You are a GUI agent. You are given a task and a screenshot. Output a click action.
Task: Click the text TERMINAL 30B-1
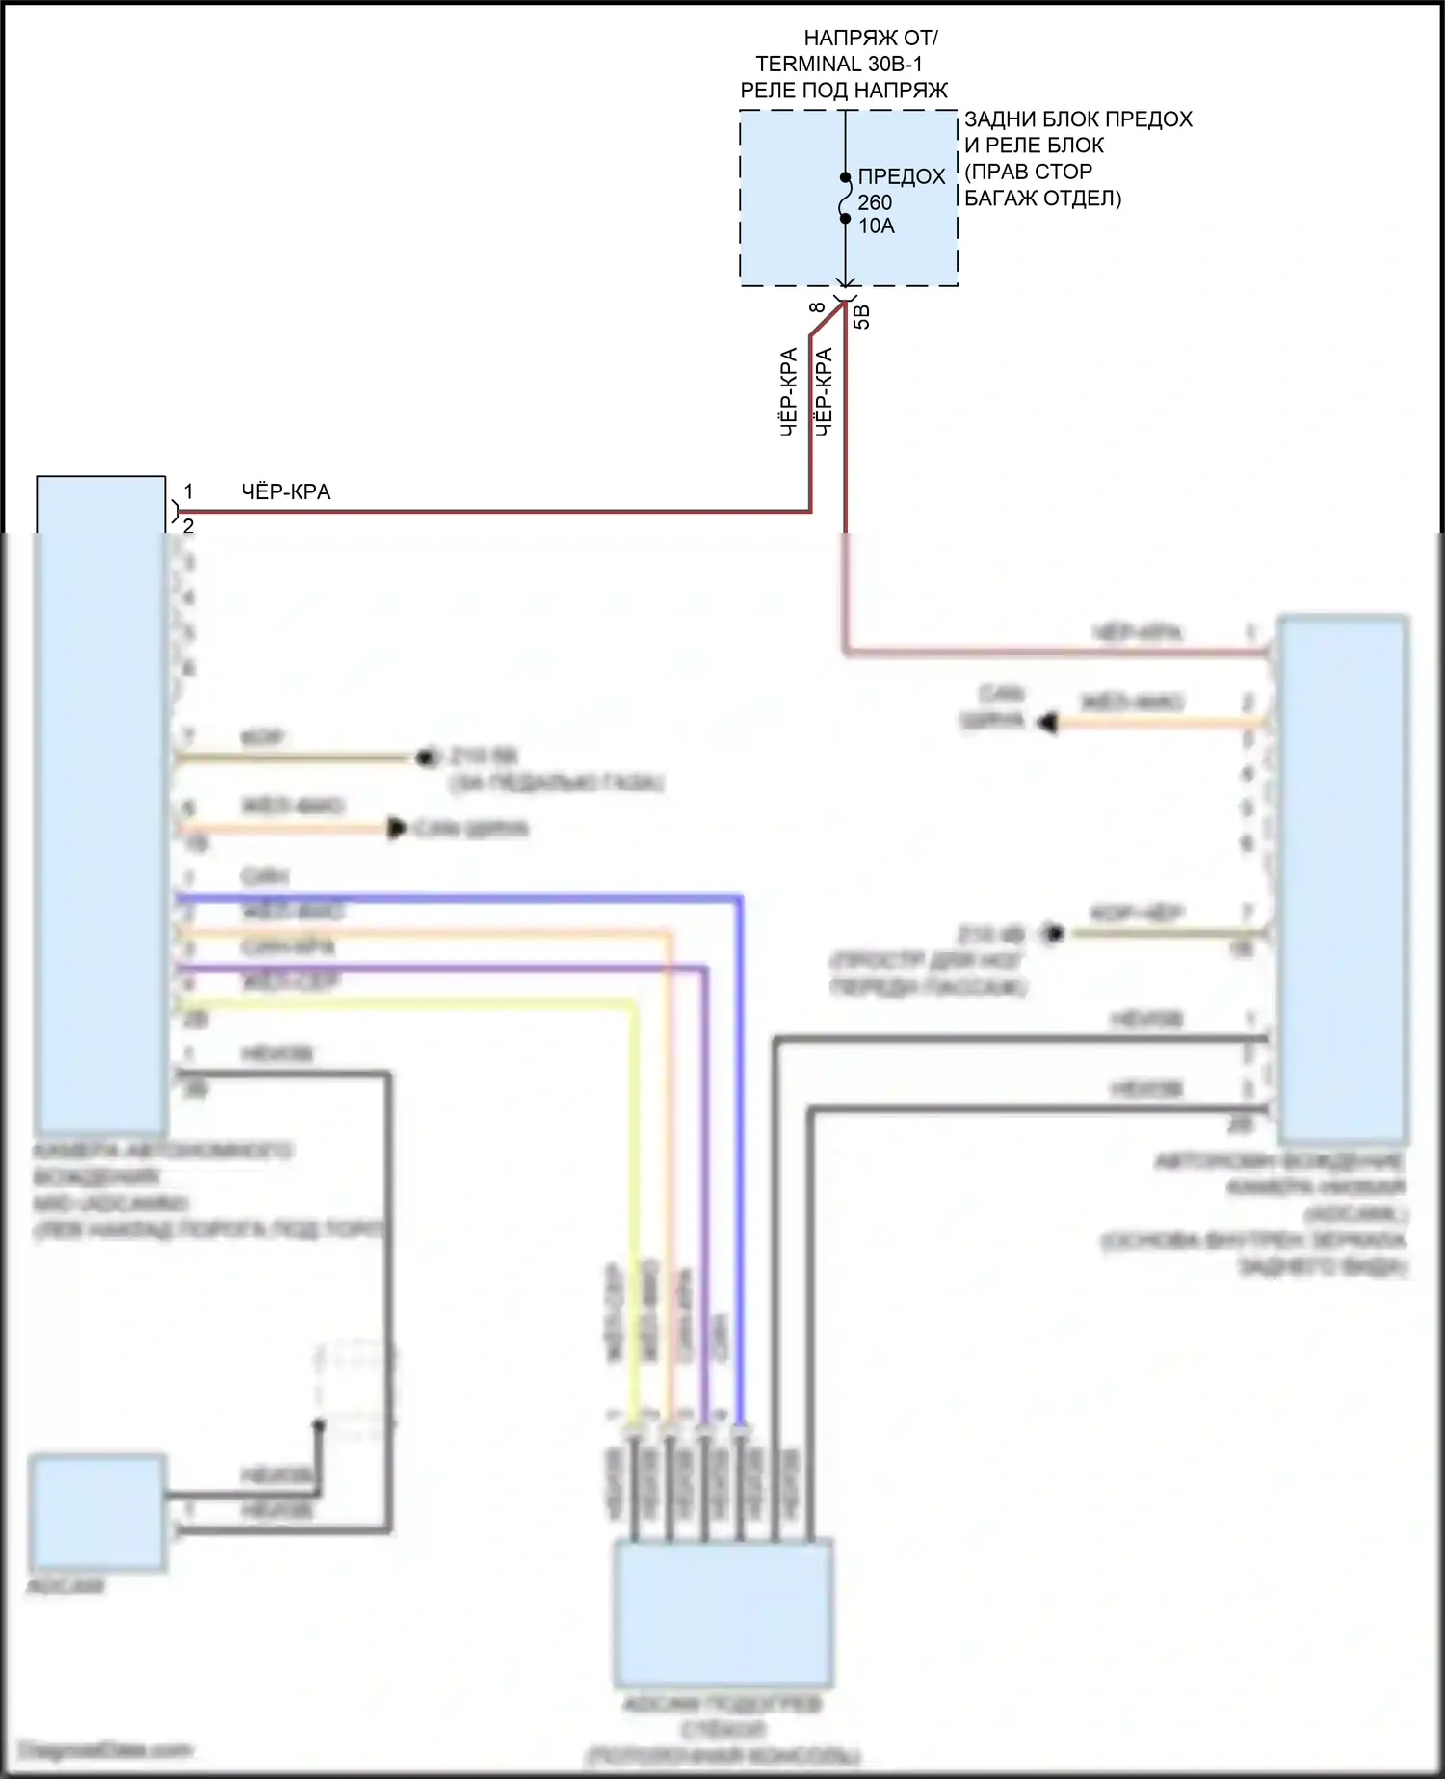pos(838,65)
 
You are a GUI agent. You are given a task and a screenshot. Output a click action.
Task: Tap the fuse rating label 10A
pos(877,226)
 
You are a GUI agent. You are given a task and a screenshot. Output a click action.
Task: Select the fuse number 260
pos(875,202)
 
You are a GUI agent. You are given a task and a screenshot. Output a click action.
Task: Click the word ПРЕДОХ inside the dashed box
pos(902,176)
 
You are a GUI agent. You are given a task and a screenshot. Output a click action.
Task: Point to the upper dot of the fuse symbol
pos(845,177)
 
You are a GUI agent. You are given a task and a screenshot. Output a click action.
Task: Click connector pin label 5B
pos(862,316)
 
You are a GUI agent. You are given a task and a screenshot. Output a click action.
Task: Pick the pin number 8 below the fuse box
pos(818,307)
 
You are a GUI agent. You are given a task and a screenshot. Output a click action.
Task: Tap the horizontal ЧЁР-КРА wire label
pos(285,491)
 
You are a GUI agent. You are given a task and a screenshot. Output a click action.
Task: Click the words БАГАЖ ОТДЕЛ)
pos(1042,199)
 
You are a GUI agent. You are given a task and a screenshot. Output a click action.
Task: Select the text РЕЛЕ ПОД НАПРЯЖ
pos(844,91)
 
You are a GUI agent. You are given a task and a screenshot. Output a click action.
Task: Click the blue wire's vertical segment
pos(740,1156)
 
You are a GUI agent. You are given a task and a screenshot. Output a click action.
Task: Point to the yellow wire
pos(633,1205)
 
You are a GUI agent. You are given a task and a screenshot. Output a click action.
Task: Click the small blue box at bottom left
pos(96,1513)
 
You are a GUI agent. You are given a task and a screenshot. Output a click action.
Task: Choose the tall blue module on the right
pos(1343,877)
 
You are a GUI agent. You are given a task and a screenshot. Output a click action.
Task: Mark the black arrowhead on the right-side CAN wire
pos(1047,722)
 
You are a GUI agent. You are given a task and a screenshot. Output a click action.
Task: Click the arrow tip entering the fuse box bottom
pos(845,283)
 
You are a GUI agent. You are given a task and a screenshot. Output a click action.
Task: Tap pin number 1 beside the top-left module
pos(189,491)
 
